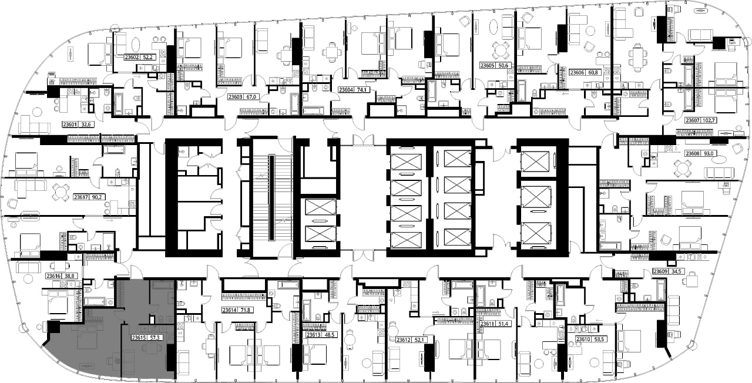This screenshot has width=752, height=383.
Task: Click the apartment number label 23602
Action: point(132,58)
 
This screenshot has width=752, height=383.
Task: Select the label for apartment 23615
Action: point(138,338)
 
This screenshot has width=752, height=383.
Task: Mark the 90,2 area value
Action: point(97,197)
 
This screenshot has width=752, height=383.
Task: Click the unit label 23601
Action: point(70,125)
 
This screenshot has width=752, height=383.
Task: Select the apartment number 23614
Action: point(230,310)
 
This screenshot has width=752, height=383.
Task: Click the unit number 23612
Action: point(404,340)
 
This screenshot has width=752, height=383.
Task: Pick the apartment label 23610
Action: point(583,340)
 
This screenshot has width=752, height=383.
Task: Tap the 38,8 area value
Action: point(69,276)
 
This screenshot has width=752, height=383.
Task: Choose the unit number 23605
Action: point(487,66)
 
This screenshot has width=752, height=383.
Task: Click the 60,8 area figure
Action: point(593,72)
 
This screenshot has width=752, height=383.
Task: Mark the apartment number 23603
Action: point(236,97)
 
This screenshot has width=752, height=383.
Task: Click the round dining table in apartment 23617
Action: point(61,192)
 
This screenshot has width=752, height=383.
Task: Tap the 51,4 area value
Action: point(502,324)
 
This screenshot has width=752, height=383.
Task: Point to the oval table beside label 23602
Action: point(136,45)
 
